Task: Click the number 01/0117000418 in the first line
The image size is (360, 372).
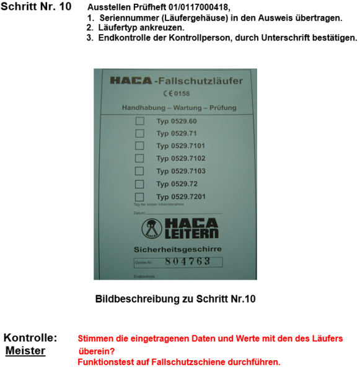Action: coord(200,7)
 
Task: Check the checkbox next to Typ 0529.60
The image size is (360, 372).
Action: coord(139,121)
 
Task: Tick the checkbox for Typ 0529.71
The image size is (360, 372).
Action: coord(139,133)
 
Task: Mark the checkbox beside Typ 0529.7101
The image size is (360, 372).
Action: coord(139,146)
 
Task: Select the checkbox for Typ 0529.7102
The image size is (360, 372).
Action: coord(139,158)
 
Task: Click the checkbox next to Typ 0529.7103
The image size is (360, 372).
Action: coord(139,170)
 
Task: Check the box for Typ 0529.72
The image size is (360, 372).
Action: coord(139,184)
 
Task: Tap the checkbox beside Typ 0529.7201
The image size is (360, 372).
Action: coord(139,196)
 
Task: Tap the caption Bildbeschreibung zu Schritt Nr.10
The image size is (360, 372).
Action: coord(175,299)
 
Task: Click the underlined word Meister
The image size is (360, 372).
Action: coord(25,352)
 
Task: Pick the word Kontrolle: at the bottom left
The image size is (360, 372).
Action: coord(30,339)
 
